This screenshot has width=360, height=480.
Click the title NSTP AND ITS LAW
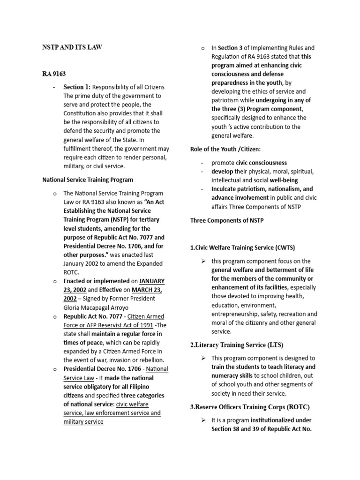(x=72, y=47)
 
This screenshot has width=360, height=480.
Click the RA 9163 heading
(x=54, y=74)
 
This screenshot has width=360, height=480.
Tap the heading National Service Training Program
(x=88, y=179)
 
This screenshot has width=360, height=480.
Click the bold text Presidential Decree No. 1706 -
(x=105, y=369)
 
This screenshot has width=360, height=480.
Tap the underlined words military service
(x=83, y=421)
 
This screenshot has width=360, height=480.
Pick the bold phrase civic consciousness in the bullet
(x=256, y=163)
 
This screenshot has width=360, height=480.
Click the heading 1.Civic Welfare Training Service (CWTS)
(x=242, y=247)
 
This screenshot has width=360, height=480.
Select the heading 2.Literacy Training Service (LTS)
(x=237, y=345)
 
